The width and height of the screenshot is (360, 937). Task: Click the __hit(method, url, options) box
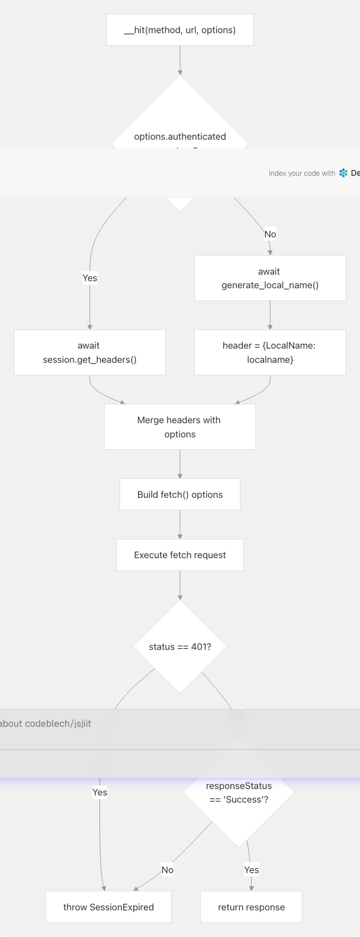pyautogui.click(x=179, y=30)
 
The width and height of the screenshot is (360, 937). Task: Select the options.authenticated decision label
pyautogui.click(x=179, y=137)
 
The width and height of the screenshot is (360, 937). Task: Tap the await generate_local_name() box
pyautogui.click(x=270, y=278)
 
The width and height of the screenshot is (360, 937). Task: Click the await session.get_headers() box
pyautogui.click(x=89, y=352)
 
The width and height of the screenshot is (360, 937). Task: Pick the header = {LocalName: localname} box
pyautogui.click(x=270, y=352)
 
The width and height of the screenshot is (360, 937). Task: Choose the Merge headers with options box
pyautogui.click(x=179, y=427)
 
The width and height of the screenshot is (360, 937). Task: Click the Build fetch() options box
pyautogui.click(x=179, y=494)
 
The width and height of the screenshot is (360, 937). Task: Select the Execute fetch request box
pyautogui.click(x=179, y=555)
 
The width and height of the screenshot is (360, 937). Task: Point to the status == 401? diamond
pyautogui.click(x=179, y=646)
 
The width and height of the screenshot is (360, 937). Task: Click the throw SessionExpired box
pyautogui.click(x=108, y=907)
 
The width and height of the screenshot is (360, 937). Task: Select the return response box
pyautogui.click(x=251, y=907)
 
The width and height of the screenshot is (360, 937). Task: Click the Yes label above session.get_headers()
pyautogui.click(x=89, y=278)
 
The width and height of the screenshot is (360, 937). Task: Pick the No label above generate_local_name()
pyautogui.click(x=270, y=234)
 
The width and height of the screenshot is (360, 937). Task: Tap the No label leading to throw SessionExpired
pyautogui.click(x=168, y=870)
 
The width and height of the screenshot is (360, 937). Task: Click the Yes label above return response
pyautogui.click(x=251, y=870)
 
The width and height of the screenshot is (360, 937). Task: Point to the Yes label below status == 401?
pyautogui.click(x=99, y=792)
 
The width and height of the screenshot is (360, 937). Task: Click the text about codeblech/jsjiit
pyautogui.click(x=46, y=723)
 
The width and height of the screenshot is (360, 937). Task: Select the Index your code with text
pyautogui.click(x=301, y=173)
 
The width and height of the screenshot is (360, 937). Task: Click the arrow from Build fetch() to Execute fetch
pyautogui.click(x=179, y=524)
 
